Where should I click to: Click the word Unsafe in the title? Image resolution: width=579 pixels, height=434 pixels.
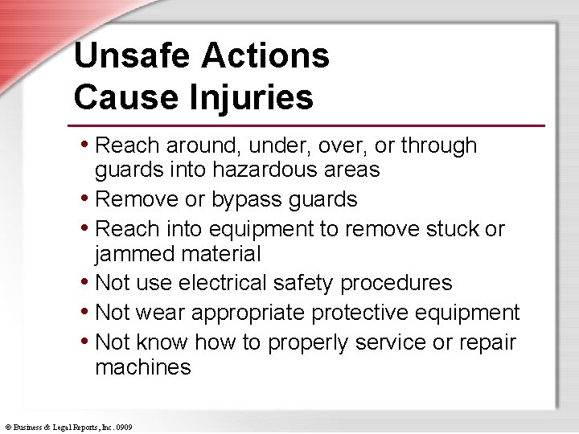(x=130, y=56)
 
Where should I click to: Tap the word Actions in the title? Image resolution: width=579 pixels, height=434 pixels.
(x=265, y=56)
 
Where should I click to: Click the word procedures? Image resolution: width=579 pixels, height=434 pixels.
(x=396, y=283)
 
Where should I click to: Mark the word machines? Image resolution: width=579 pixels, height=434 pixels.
(x=142, y=367)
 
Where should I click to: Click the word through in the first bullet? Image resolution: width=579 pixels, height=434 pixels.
(x=439, y=145)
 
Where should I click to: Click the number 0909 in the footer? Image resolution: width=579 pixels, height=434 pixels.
(x=124, y=427)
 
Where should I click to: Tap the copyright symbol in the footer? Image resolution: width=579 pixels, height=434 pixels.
(x=7, y=427)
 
